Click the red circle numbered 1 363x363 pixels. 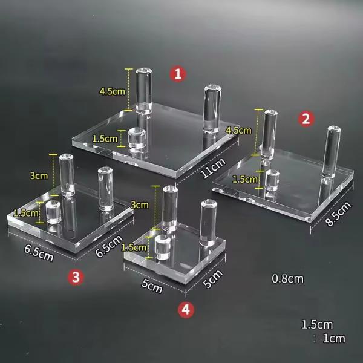tap(177, 74)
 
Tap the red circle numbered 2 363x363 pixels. tap(306, 119)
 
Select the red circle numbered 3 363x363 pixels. tap(75, 277)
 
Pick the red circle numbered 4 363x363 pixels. tap(186, 310)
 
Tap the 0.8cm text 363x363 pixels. tap(287, 279)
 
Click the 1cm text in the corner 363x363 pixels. tap(333, 338)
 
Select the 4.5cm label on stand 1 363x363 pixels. tap(112, 91)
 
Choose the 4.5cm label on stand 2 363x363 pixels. tap(238, 130)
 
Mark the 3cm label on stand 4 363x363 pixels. tap(140, 205)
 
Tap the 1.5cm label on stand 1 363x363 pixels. tap(105, 139)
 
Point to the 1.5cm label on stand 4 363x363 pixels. tap(133, 247)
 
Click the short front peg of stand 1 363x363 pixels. tap(139, 139)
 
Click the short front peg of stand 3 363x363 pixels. tap(54, 212)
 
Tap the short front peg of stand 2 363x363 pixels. tap(270, 180)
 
